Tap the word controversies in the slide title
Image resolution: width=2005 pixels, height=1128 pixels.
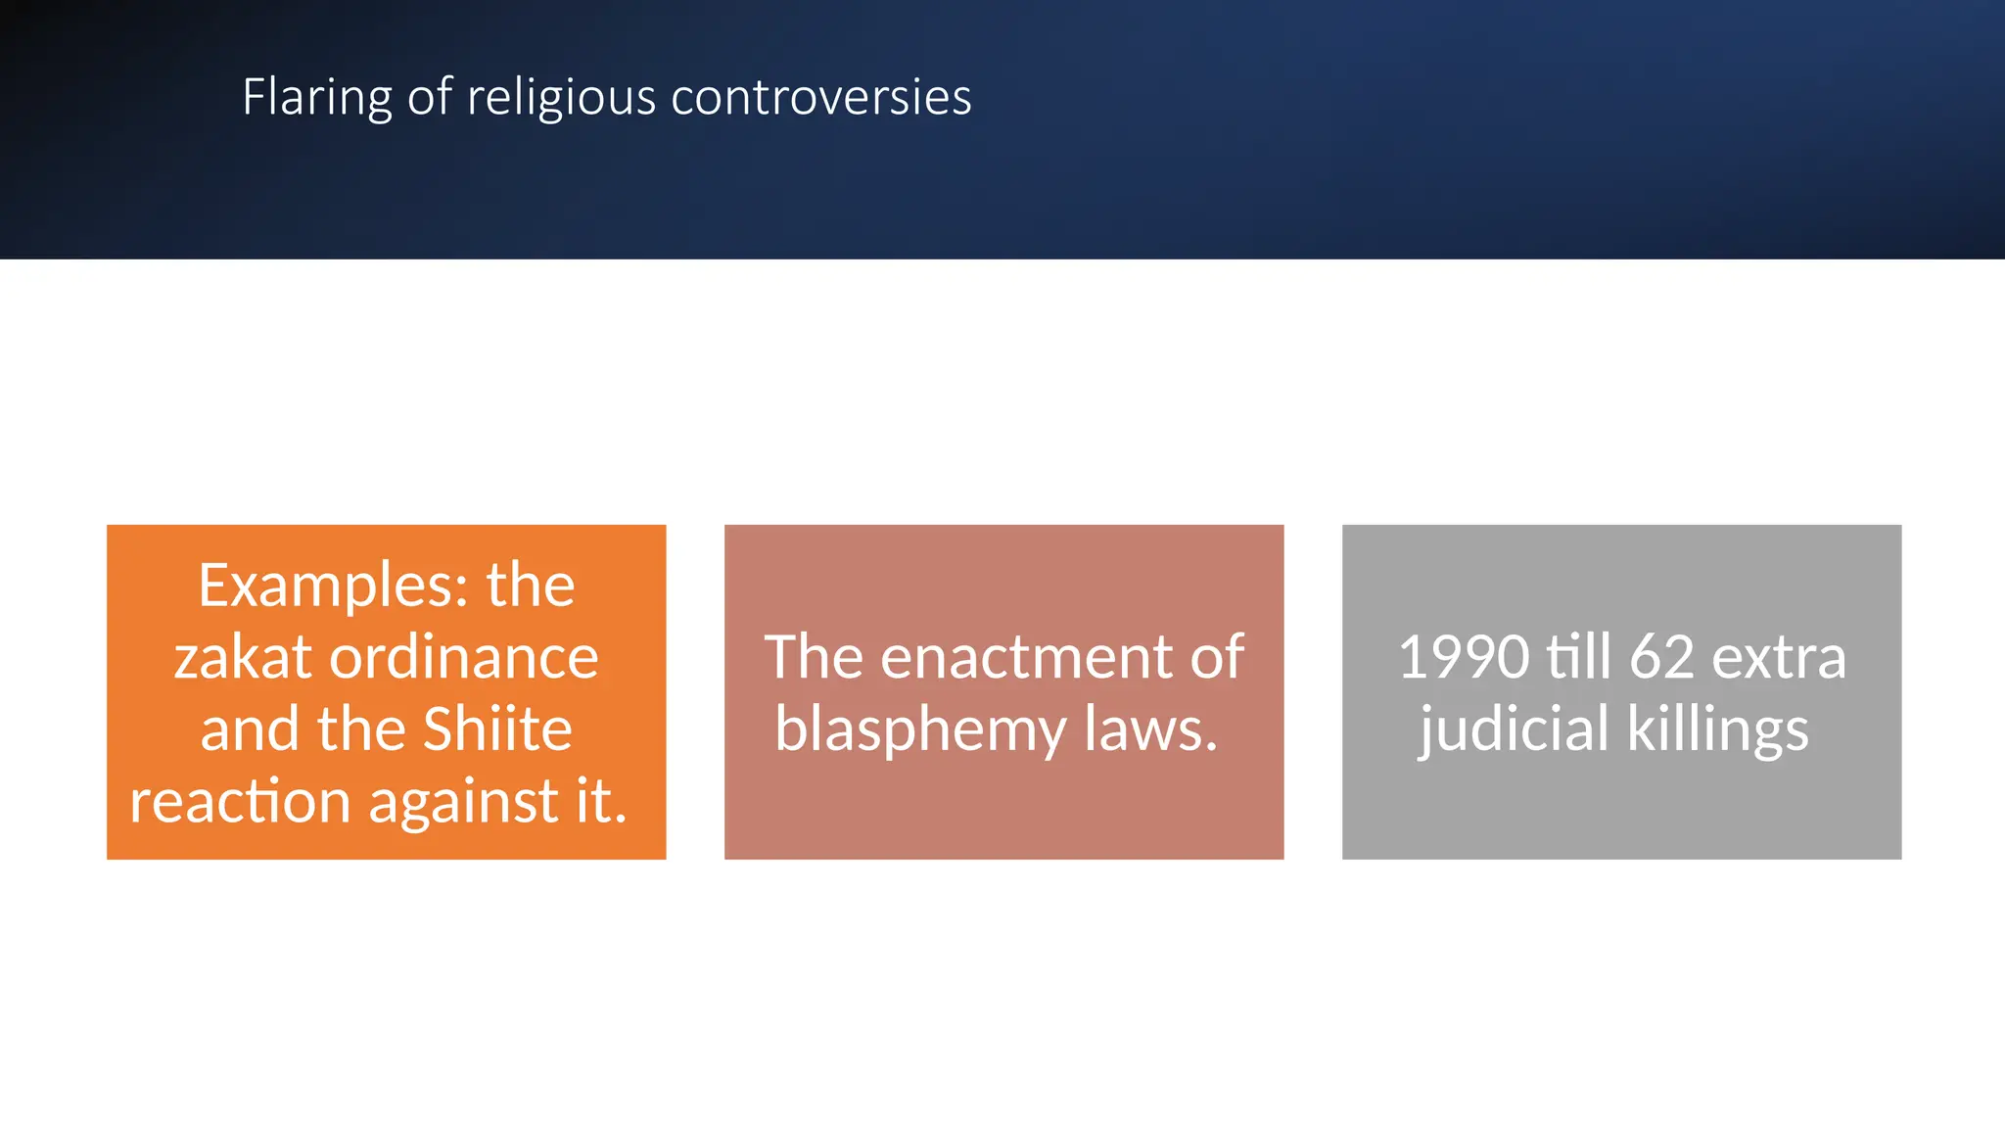pyautogui.click(x=820, y=98)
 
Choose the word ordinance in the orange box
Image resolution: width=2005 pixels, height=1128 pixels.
pyautogui.click(x=464, y=657)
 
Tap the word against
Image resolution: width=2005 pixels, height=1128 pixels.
pyautogui.click(x=464, y=803)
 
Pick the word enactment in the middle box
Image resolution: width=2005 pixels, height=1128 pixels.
pyautogui.click(x=1026, y=657)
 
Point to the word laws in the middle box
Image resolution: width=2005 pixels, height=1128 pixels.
pyautogui.click(x=1150, y=729)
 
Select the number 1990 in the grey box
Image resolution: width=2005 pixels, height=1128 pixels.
pyautogui.click(x=1464, y=657)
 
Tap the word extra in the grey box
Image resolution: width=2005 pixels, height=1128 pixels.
pyautogui.click(x=1779, y=657)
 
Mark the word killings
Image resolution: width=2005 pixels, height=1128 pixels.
pyautogui.click(x=1717, y=731)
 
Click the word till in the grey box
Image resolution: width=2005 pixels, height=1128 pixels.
pyautogui.click(x=1577, y=657)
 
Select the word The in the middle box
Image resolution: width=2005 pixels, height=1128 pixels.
pyautogui.click(x=814, y=657)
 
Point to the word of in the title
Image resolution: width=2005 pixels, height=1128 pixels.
pyautogui.click(x=430, y=98)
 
